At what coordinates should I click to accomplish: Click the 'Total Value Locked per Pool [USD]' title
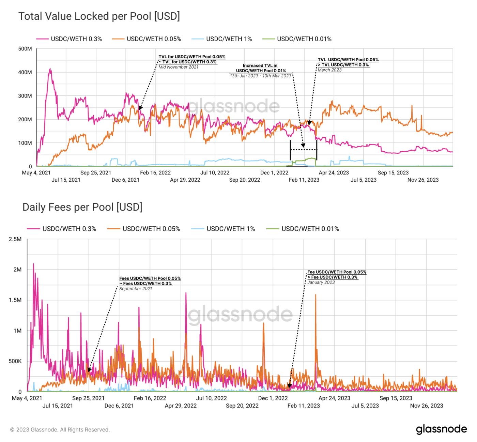(x=99, y=16)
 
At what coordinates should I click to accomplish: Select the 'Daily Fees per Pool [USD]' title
(x=82, y=207)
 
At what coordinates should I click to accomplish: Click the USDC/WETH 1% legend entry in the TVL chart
(x=229, y=39)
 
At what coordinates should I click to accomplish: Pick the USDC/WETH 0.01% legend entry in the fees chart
(x=310, y=229)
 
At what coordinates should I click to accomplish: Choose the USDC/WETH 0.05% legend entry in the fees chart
(x=151, y=229)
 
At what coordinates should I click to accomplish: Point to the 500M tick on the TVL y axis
(x=25, y=49)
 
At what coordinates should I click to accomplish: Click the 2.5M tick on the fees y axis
(x=15, y=239)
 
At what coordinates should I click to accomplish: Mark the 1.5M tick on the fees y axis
(x=15, y=300)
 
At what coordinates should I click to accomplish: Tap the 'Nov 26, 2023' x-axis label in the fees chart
(x=427, y=406)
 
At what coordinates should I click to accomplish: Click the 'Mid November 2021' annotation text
(x=179, y=67)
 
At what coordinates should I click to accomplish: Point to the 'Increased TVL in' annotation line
(x=260, y=65)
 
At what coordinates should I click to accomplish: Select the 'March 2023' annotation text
(x=329, y=70)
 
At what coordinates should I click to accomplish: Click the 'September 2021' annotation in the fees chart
(x=136, y=289)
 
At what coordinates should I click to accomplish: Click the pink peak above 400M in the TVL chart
(x=50, y=70)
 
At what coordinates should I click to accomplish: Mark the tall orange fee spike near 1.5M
(x=316, y=295)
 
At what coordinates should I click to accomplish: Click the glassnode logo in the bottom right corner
(x=441, y=429)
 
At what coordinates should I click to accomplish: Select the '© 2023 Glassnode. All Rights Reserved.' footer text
(x=60, y=430)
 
